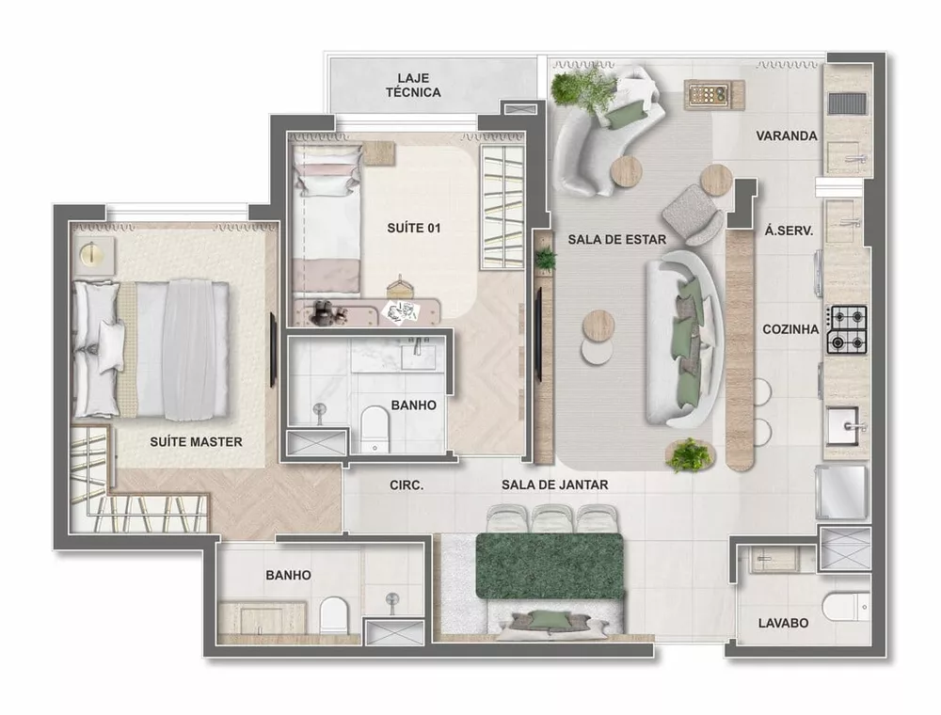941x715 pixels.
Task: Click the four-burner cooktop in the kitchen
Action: click(847, 330)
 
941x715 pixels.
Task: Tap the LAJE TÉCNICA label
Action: click(413, 85)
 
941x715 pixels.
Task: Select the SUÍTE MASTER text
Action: click(196, 441)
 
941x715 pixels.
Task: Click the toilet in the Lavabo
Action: click(844, 607)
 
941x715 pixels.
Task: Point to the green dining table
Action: click(550, 565)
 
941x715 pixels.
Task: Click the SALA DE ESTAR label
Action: click(616, 240)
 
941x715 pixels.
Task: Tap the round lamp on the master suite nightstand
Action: click(92, 254)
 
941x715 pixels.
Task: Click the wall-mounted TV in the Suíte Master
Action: click(273, 350)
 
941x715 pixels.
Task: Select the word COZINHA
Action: click(791, 329)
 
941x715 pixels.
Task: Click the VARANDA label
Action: click(786, 135)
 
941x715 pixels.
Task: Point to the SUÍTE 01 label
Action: click(414, 228)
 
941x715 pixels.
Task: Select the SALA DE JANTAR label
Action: click(554, 485)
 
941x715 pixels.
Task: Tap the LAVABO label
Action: click(783, 623)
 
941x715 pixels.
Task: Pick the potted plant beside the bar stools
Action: click(689, 454)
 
